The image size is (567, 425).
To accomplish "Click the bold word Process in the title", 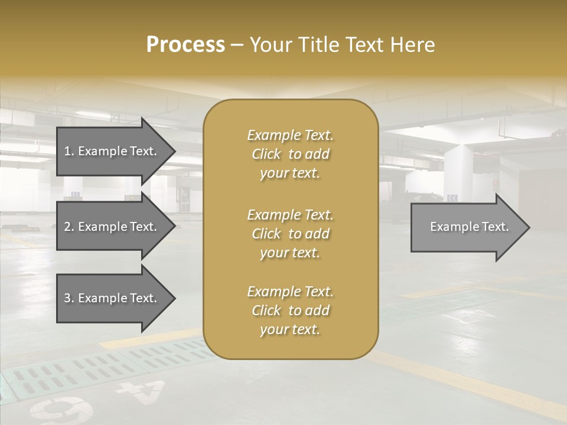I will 185,45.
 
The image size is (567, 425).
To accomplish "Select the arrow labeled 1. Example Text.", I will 112,151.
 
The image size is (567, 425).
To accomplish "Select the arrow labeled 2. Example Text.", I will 112,227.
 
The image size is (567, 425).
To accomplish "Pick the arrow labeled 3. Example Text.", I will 112,298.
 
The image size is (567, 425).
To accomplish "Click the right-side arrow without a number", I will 467,227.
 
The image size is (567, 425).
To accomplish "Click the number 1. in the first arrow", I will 69,151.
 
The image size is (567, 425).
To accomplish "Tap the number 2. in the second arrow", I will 69,227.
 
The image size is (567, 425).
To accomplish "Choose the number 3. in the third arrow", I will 69,298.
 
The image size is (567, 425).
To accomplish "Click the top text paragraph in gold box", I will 290,154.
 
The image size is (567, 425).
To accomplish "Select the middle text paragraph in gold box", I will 290,234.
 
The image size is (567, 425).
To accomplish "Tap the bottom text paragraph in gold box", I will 290,310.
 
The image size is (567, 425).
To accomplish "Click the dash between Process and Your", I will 237,45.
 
